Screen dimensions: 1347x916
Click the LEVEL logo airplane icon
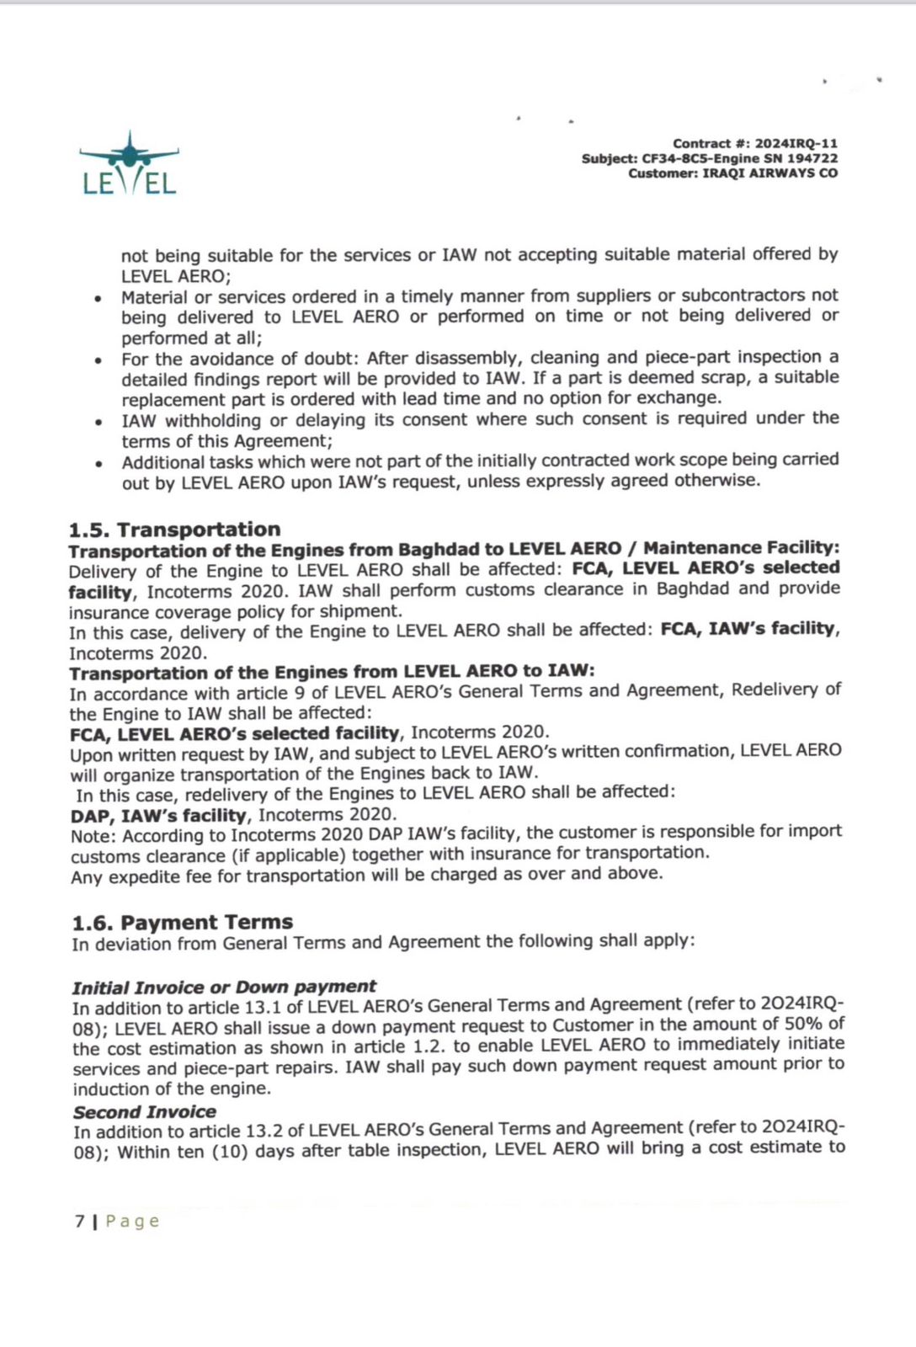coord(129,152)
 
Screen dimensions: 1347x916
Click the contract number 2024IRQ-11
coord(796,144)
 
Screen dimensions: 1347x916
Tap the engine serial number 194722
coord(812,158)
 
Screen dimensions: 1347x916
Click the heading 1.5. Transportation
coord(174,530)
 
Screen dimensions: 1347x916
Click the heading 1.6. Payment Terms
coord(182,922)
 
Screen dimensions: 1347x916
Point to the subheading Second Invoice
coord(144,1112)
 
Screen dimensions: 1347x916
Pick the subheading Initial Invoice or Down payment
coord(224,987)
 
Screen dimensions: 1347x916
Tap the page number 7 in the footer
coord(79,1221)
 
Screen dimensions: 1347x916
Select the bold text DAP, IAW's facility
coord(159,815)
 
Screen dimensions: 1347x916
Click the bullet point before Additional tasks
coord(99,463)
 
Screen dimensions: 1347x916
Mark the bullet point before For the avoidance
coord(99,360)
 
